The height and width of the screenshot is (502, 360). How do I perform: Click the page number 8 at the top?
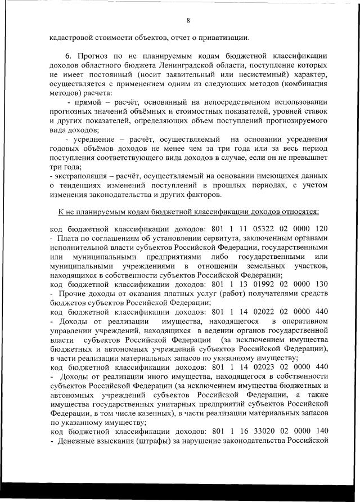click(x=188, y=21)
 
